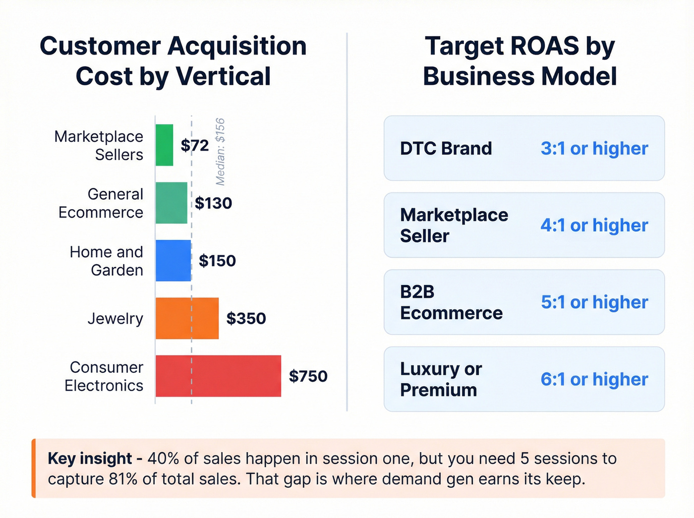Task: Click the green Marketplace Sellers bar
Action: [164, 145]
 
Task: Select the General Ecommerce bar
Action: [172, 203]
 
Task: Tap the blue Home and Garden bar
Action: [173, 261]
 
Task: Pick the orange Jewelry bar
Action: [187, 318]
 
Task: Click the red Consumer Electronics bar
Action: [218, 376]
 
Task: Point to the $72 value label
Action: [195, 145]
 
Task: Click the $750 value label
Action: [308, 376]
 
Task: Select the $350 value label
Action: [246, 318]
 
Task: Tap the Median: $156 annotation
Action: [221, 152]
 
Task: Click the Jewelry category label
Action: [115, 318]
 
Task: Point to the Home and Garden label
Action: [106, 261]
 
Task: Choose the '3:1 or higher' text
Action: [594, 148]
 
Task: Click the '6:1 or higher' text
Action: [594, 379]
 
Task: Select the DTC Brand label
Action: [446, 148]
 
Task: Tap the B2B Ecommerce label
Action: [451, 302]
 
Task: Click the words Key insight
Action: [90, 459]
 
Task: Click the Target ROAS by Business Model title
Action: [520, 61]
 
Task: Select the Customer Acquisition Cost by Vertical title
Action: [173, 61]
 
